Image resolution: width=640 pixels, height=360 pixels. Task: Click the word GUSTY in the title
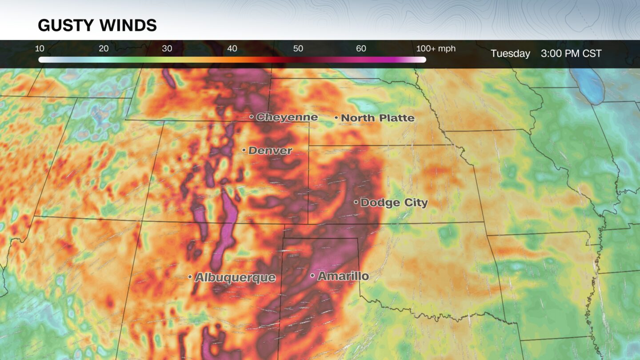pos(63,25)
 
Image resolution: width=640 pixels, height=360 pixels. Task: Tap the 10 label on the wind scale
pos(40,49)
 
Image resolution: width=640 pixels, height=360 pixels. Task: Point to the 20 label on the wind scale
pos(104,49)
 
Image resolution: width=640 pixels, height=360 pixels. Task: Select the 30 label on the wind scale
pos(167,49)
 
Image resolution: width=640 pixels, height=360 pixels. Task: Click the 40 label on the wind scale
pos(232,49)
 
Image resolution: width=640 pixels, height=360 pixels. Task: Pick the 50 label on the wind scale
pos(298,49)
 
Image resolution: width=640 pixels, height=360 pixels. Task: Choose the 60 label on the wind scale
pos(361,49)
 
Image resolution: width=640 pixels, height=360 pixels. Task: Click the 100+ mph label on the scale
pos(436,49)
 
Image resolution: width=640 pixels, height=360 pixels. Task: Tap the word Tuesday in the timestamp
pos(510,54)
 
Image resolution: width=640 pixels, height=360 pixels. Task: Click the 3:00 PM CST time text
pos(571,54)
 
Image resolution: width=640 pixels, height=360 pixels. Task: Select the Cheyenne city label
pos(287,117)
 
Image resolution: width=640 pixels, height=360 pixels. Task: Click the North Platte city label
pos(377,118)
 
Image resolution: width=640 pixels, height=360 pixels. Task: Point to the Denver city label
pos(270,151)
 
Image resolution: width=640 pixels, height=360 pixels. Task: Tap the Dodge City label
pos(394,203)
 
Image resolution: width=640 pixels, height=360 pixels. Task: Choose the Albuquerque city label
pos(235,278)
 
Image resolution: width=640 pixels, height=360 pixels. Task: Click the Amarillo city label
pos(343,276)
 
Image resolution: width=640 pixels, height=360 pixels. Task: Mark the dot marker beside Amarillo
pos(312,276)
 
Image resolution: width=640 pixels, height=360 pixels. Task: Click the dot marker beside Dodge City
pos(356,202)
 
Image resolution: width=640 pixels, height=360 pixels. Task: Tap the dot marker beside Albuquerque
pos(190,277)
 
